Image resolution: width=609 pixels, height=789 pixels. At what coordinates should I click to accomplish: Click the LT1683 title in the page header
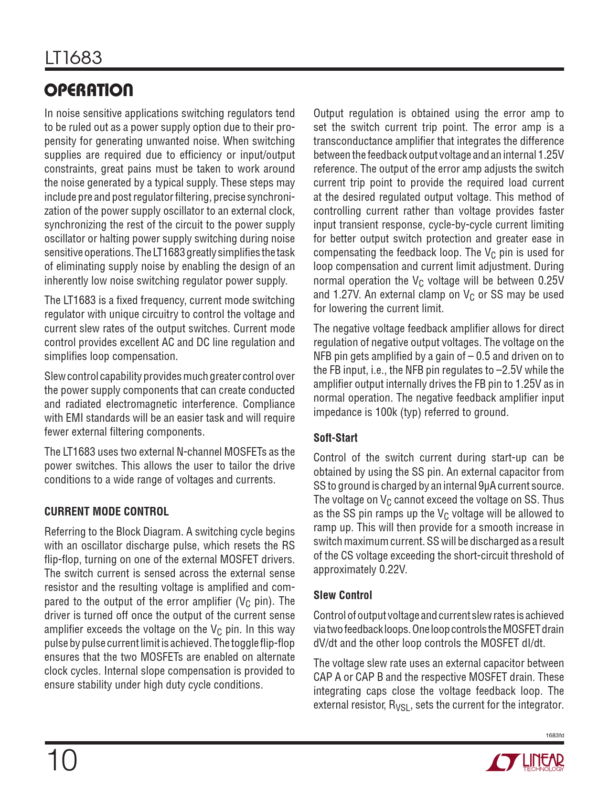click(74, 58)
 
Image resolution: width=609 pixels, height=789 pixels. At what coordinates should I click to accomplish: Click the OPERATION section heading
click(89, 90)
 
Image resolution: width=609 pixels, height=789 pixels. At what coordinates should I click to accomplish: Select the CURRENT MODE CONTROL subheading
click(107, 512)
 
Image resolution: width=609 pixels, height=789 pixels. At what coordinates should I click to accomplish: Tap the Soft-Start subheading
click(335, 438)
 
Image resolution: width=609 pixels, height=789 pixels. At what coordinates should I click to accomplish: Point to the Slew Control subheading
click(342, 595)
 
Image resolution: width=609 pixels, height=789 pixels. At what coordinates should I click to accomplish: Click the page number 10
click(62, 761)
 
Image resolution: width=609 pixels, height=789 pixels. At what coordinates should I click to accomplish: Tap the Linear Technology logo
click(525, 762)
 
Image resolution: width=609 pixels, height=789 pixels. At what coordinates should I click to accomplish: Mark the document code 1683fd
click(555, 735)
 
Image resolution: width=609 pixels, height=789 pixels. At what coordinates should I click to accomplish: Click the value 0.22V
click(393, 570)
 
